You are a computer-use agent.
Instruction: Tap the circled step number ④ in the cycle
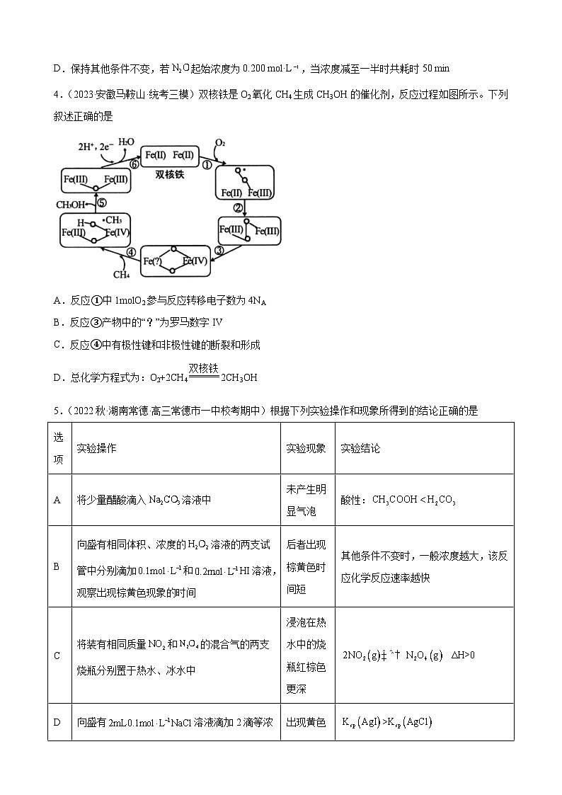pos(131,252)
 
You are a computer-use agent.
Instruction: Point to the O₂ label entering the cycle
pos(220,143)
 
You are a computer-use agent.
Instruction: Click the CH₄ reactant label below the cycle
pos(121,273)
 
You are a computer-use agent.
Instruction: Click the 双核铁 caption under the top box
pos(170,174)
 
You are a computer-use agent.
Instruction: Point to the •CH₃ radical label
pos(111,220)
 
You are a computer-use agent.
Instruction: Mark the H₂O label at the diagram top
pos(126,142)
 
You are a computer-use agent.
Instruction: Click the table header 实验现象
pos(306,449)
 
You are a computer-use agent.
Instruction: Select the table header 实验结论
pos(360,449)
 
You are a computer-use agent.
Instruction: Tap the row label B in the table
pos(57,566)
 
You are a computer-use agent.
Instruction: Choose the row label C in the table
pos(57,656)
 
